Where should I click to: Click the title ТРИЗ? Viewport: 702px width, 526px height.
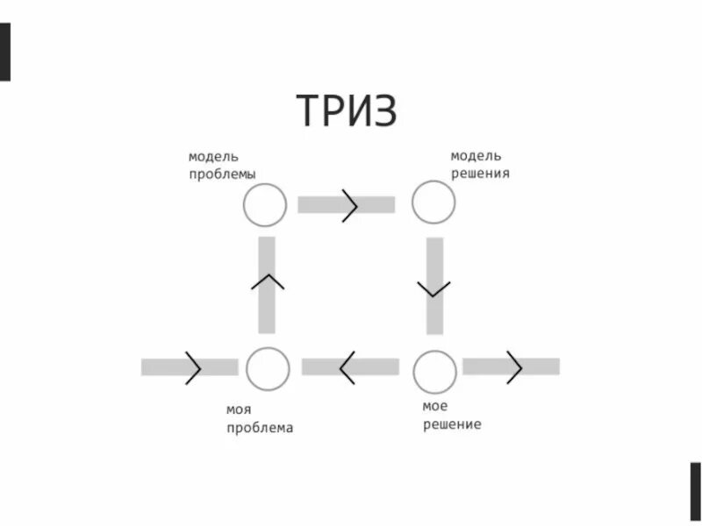(x=347, y=110)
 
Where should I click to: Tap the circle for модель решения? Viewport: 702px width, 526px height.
(x=433, y=203)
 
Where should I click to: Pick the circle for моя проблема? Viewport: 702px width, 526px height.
(x=268, y=368)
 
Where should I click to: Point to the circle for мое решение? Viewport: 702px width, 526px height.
(x=433, y=372)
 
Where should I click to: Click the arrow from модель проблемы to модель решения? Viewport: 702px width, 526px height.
(x=347, y=205)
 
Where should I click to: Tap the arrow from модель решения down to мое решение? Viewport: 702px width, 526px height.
(x=434, y=286)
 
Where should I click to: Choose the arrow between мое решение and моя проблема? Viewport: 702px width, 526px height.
(x=350, y=367)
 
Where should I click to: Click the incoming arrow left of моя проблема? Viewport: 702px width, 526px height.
(x=190, y=367)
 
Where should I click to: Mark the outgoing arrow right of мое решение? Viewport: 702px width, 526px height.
(x=511, y=366)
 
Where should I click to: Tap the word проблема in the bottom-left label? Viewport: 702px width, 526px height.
(x=260, y=429)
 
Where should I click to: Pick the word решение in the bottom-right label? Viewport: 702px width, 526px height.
(x=452, y=425)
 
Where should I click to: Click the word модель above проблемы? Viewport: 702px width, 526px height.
(x=213, y=156)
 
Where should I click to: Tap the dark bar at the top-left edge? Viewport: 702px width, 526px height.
(x=5, y=53)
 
